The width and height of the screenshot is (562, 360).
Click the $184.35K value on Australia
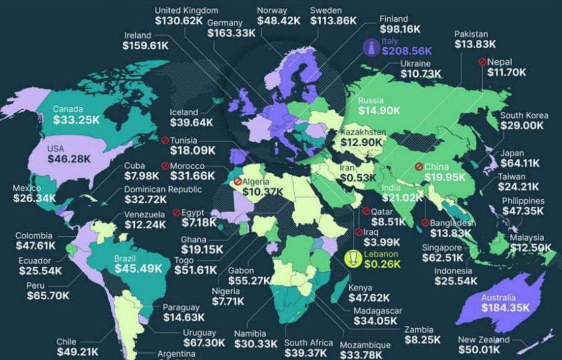point(505,308)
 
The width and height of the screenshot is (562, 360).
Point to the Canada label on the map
point(67,109)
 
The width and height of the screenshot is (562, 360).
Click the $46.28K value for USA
point(69,159)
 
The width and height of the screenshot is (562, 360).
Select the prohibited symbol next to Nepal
point(481,62)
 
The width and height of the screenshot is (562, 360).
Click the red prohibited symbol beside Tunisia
point(165,140)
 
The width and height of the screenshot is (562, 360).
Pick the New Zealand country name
point(484,340)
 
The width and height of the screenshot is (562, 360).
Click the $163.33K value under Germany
point(232,33)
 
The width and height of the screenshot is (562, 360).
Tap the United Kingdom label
point(186,10)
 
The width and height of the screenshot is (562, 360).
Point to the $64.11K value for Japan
point(520,164)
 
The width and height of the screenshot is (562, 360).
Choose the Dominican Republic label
point(163,189)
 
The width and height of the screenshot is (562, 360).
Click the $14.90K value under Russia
point(379,111)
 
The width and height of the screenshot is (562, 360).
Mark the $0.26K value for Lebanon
point(382,264)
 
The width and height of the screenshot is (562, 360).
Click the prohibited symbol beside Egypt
point(176,212)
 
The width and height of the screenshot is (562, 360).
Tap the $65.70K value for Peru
point(48,296)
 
